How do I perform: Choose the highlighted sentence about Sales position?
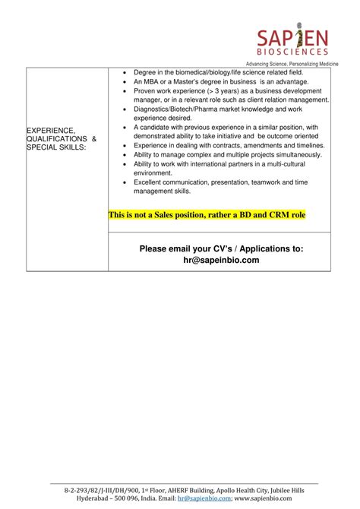[207, 215]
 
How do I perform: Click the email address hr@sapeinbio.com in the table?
[221, 260]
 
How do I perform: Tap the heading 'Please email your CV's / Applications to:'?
[221, 248]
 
